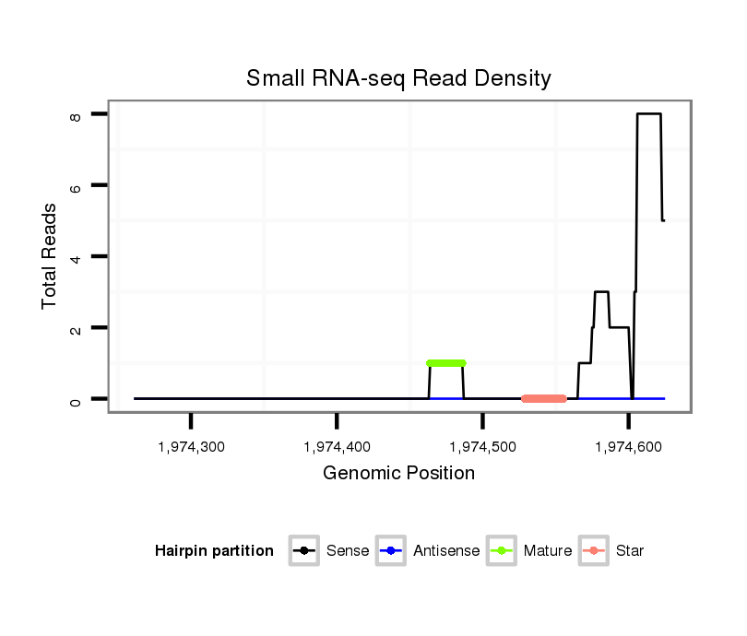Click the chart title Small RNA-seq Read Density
[398, 78]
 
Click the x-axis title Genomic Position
[398, 474]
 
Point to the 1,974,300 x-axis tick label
[191, 447]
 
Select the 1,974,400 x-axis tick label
[337, 447]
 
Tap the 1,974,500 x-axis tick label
[482, 447]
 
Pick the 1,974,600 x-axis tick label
[628, 447]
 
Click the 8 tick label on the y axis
[76, 114]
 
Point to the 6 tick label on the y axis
[76, 185]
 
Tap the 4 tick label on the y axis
[76, 256]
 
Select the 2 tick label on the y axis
[76, 327]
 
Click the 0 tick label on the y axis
[76, 399]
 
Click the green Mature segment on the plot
[446, 363]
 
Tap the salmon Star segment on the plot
[543, 398]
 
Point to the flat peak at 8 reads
[649, 113]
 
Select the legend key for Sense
[303, 551]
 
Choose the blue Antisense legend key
[390, 551]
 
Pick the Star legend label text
[629, 551]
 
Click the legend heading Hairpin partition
[214, 551]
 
